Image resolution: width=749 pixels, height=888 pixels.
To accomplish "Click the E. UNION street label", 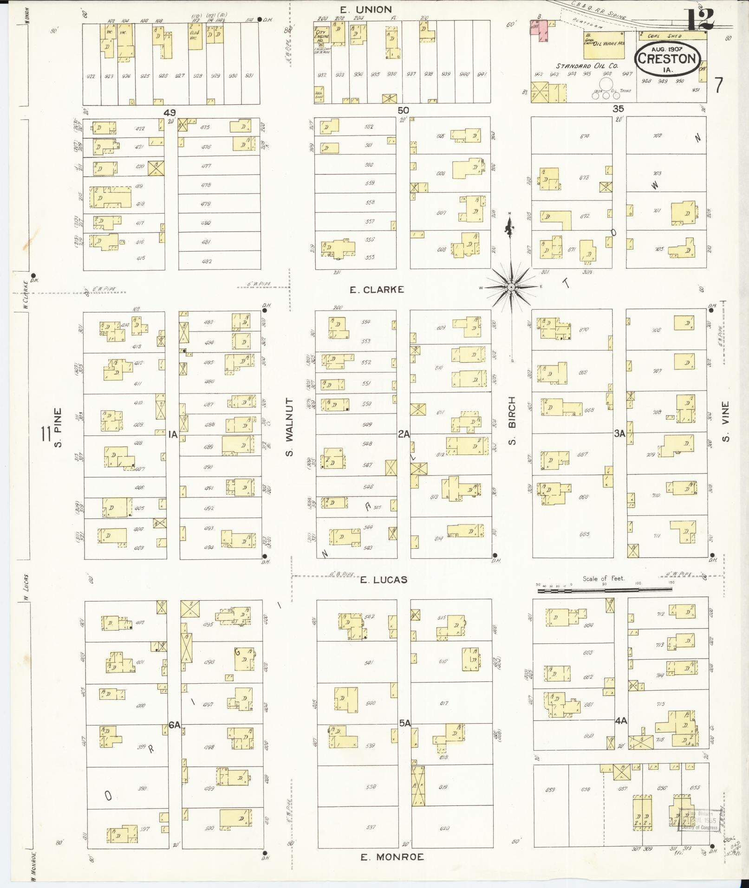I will point(372,9).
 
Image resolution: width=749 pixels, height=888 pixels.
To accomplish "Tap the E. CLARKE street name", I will point(377,290).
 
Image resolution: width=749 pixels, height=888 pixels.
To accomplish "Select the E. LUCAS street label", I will point(384,580).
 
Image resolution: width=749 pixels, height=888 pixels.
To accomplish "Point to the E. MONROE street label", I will point(392,857).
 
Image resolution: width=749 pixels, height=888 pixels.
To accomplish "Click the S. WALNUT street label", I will point(289,427).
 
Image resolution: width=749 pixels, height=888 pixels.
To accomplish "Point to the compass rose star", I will point(510,287).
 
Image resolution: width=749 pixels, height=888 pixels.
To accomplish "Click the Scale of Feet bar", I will point(604,590).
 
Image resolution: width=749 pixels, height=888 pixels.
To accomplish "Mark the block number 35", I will point(618,109).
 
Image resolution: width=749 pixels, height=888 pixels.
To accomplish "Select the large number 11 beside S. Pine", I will point(46,434).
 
